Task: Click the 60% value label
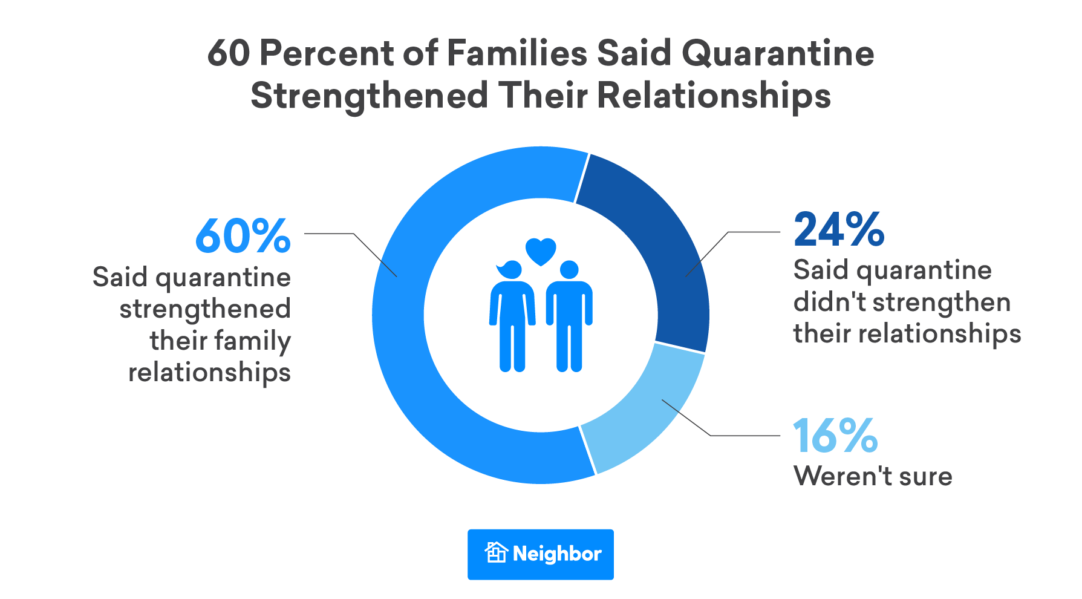click(x=243, y=236)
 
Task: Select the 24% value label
click(x=839, y=230)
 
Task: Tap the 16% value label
click(x=835, y=436)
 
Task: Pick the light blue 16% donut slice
click(x=647, y=411)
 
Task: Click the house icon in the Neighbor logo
click(x=496, y=553)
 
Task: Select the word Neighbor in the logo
click(x=557, y=554)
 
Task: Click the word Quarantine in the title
click(x=778, y=53)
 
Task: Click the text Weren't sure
click(x=873, y=477)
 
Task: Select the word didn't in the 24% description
click(x=827, y=302)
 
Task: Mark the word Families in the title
click(x=517, y=53)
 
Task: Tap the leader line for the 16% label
click(x=744, y=436)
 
